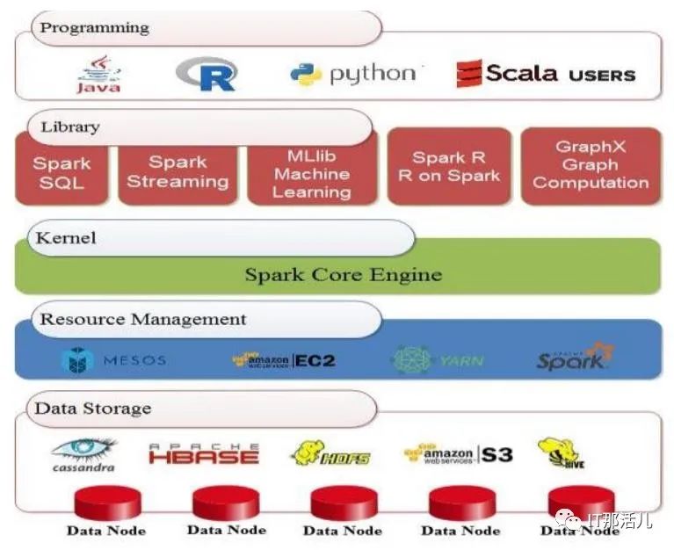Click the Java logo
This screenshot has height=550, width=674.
pyautogui.click(x=98, y=75)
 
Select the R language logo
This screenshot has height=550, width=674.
pyautogui.click(x=207, y=74)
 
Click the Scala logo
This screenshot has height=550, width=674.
pyautogui.click(x=545, y=74)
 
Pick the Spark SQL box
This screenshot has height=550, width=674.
pyautogui.click(x=62, y=172)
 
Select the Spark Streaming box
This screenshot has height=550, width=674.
pyautogui.click(x=178, y=172)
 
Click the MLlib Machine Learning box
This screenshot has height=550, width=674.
pyautogui.click(x=312, y=173)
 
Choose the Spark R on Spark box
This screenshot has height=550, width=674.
pyautogui.click(x=449, y=166)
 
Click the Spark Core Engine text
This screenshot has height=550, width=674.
pyautogui.click(x=343, y=274)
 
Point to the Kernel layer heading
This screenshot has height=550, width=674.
pyautogui.click(x=66, y=238)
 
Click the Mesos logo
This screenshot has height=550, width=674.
pyautogui.click(x=113, y=360)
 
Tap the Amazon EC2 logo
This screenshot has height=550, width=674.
pyautogui.click(x=283, y=359)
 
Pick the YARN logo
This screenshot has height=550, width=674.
pyautogui.click(x=438, y=359)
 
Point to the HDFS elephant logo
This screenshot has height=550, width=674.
pyautogui.click(x=330, y=453)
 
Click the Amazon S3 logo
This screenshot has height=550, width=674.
pyautogui.click(x=458, y=453)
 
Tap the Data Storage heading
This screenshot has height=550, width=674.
pyautogui.click(x=92, y=409)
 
